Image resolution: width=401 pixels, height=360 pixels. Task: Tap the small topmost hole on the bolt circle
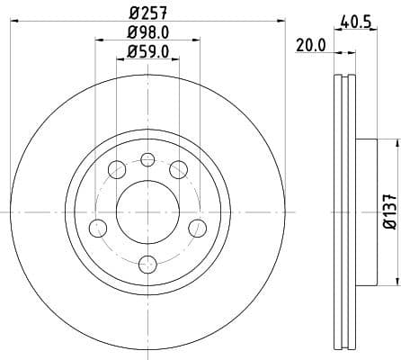(147, 159)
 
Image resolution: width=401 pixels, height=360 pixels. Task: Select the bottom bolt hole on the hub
(147, 263)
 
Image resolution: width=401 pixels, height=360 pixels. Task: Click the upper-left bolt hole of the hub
(116, 169)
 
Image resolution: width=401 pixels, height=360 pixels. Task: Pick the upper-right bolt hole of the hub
(178, 169)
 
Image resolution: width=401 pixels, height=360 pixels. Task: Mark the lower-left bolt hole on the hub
(97, 227)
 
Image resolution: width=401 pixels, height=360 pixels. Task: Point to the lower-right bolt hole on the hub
(197, 227)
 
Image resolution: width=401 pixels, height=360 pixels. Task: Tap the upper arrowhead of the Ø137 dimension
(393, 144)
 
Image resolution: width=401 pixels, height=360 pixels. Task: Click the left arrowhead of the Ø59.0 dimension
(120, 60)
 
